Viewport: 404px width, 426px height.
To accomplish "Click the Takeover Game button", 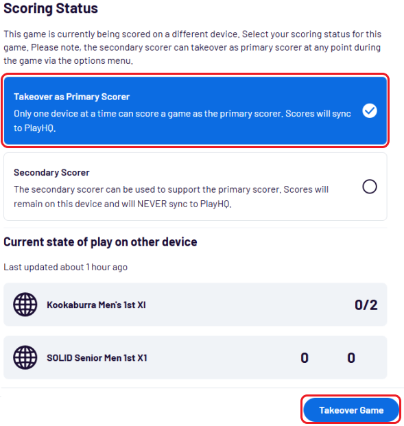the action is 351,410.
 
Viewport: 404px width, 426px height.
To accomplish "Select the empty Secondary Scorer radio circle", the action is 370,187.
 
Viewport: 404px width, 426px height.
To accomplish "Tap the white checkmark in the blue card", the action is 370,111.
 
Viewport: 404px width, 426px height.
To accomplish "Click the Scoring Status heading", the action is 51,8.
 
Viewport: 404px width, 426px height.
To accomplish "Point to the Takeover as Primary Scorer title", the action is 72,97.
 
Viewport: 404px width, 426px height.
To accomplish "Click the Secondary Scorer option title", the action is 51,172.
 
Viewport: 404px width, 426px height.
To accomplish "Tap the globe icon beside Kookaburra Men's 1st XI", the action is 25,305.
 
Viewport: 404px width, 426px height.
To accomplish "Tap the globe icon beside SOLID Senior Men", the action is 25,357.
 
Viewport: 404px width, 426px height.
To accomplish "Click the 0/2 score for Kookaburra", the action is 366,305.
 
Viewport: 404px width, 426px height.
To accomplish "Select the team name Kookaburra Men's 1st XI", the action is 96,305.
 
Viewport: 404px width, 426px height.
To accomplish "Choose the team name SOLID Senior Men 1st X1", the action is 97,358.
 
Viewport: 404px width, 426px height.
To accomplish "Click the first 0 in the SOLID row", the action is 305,358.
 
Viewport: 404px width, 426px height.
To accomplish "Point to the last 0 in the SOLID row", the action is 351,358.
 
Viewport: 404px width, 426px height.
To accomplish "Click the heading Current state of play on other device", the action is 100,241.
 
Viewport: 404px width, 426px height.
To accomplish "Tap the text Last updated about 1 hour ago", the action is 65,267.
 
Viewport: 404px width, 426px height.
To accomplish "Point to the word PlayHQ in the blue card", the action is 40,128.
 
